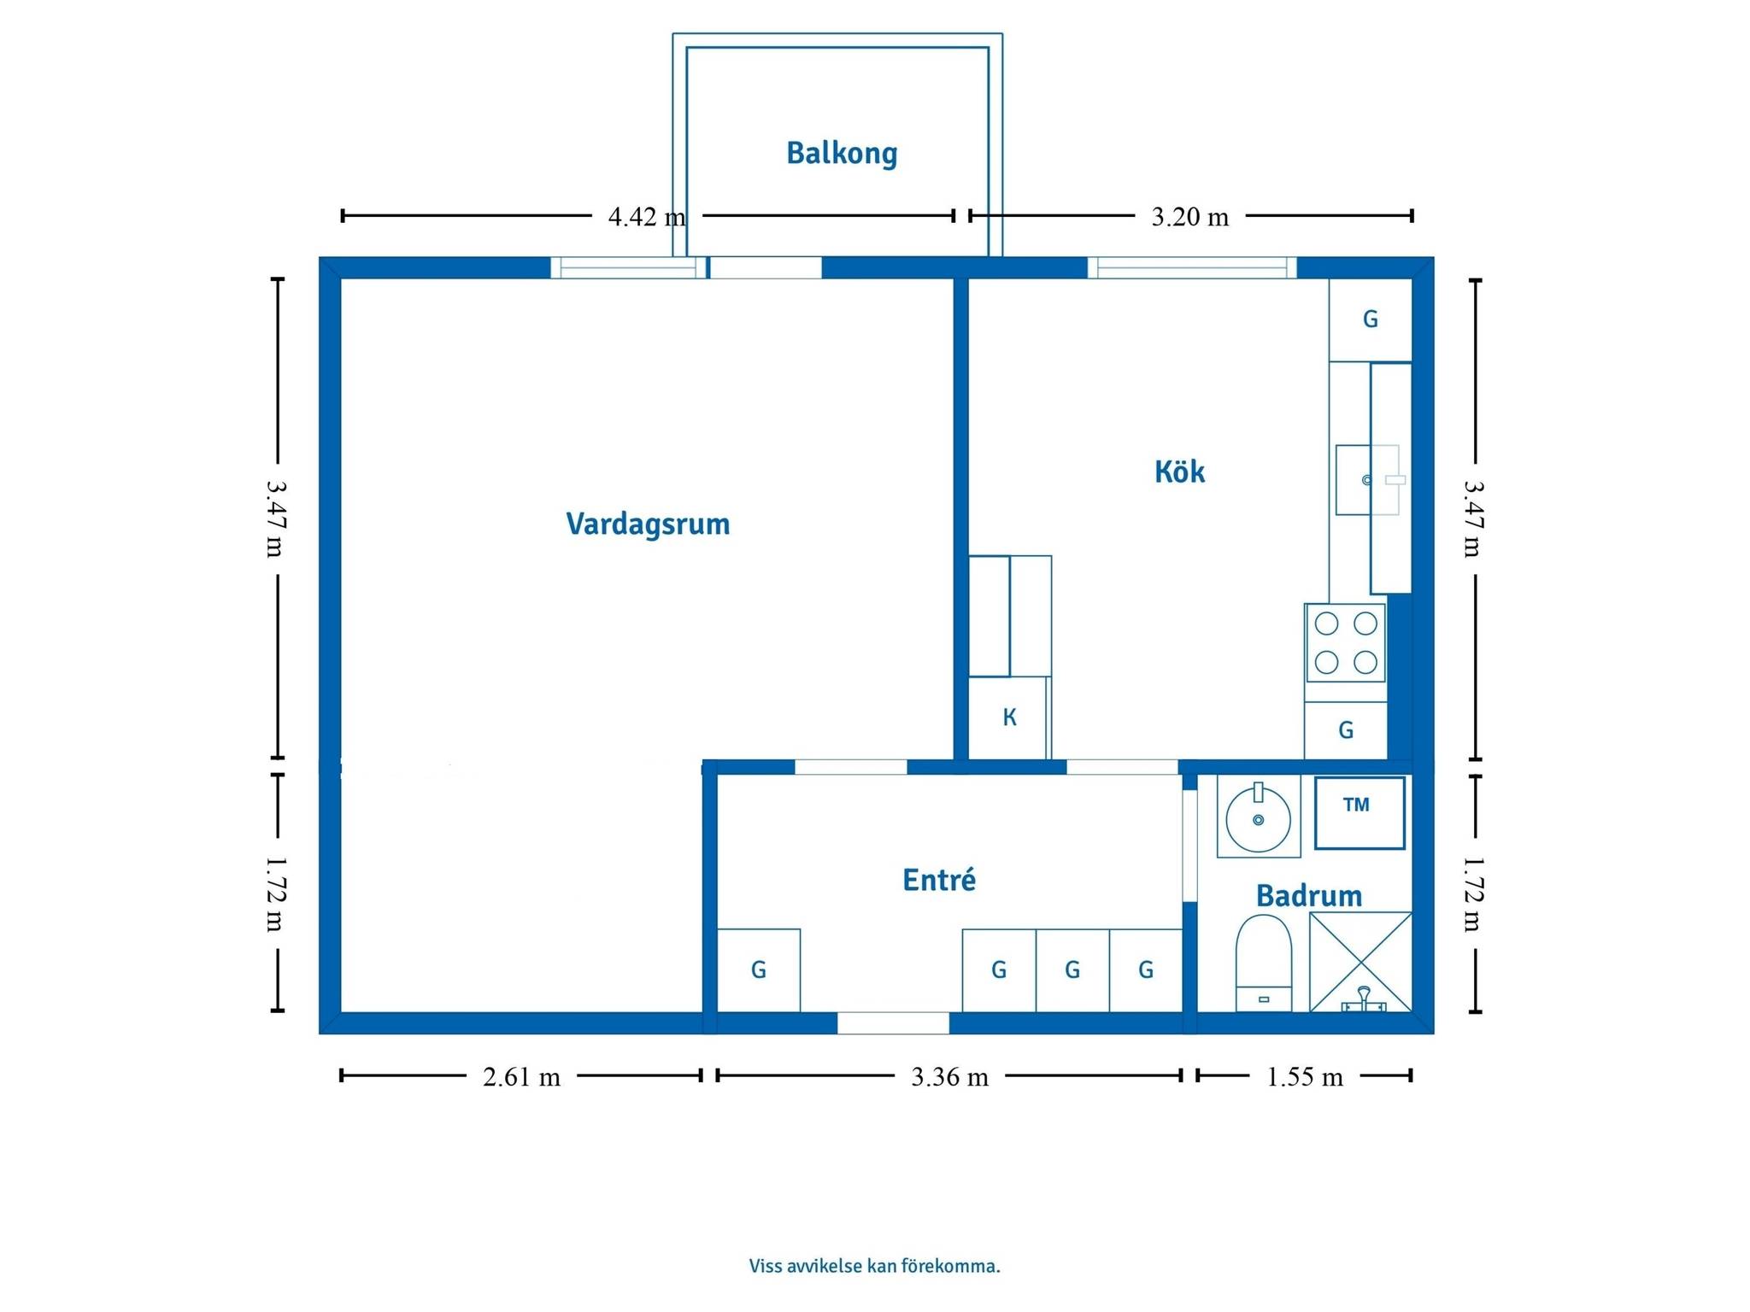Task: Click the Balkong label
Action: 842,154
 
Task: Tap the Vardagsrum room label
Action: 648,524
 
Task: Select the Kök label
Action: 1179,471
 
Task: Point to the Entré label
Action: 939,880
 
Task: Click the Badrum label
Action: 1309,895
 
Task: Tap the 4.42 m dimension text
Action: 647,217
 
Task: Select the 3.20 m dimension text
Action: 1189,217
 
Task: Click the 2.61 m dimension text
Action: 521,1076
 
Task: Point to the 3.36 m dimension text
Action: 949,1076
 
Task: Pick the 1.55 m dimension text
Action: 1304,1076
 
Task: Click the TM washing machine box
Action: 1359,812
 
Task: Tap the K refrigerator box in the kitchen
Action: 1008,717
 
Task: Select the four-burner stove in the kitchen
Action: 1345,642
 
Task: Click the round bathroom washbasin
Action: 1258,818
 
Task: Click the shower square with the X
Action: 1360,962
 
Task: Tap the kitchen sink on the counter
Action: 1367,479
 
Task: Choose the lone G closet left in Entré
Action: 758,970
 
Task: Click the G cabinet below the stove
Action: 1345,730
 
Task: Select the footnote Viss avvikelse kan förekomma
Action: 874,1266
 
